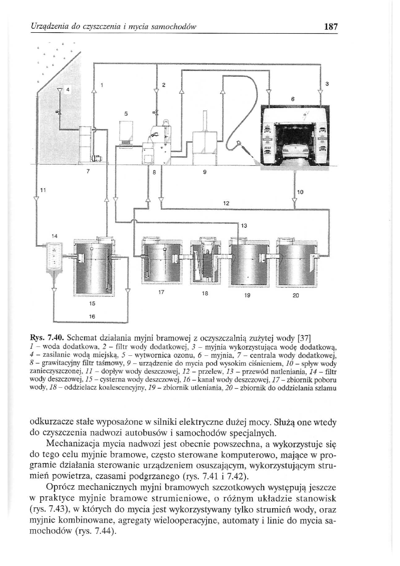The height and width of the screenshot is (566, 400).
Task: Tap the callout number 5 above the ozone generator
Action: pos(126,114)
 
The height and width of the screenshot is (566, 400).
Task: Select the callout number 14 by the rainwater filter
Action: pos(55,235)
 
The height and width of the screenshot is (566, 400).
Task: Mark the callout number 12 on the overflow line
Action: pos(226,203)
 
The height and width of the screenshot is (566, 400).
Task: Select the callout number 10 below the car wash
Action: pos(301,192)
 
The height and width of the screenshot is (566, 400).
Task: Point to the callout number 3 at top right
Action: pos(327,84)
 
